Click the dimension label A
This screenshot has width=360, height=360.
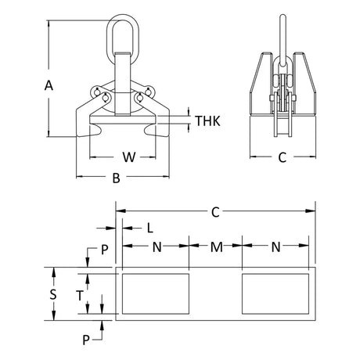pos(49,85)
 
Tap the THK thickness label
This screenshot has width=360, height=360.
pos(207,121)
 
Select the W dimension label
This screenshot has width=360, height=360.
pos(129,157)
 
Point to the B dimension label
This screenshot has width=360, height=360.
pos(116,178)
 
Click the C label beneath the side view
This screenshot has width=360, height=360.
pos(283,157)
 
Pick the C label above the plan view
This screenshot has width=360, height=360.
pos(215,212)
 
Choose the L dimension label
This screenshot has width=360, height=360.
pos(149,229)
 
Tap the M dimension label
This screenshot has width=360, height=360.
pos(217,247)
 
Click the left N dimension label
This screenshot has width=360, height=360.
pos(157,247)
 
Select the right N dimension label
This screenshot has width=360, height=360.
pos(275,247)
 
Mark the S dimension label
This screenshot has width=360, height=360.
pos(53,294)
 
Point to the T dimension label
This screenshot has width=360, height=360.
pos(80,296)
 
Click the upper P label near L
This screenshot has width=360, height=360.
pos(104,250)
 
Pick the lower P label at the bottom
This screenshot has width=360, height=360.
pos(86,340)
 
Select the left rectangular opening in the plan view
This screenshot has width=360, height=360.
pos(156,293)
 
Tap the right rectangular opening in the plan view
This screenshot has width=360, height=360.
pos(275,293)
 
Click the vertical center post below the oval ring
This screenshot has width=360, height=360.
pos(122,84)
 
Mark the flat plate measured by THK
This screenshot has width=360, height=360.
pos(123,120)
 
